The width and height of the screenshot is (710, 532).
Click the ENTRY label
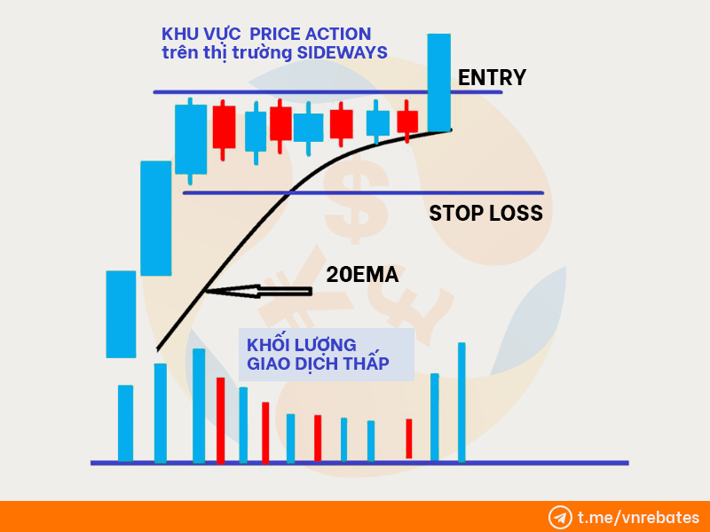point(492,77)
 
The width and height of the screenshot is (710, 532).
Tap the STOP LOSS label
point(485,213)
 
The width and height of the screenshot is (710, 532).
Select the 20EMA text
point(362,275)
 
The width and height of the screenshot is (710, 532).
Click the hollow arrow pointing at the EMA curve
point(258,291)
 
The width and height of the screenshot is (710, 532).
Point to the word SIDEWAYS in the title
point(342,52)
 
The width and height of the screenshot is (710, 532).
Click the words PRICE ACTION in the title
point(310,34)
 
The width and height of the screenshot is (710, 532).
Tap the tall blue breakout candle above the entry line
point(438,82)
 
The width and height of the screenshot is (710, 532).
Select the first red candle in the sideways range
point(224,128)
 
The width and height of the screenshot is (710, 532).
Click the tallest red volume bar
point(220,420)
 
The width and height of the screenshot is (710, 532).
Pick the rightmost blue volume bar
point(461,403)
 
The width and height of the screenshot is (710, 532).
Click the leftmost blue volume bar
point(125,424)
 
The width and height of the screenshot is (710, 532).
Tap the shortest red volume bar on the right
point(409,438)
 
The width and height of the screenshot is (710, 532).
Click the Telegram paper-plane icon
point(560,517)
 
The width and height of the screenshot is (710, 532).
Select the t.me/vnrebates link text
point(638,517)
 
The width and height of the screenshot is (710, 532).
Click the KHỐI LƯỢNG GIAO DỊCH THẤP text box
point(327,354)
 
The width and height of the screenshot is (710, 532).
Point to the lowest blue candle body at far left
point(121,315)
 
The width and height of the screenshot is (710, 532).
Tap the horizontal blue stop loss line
point(363,193)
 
